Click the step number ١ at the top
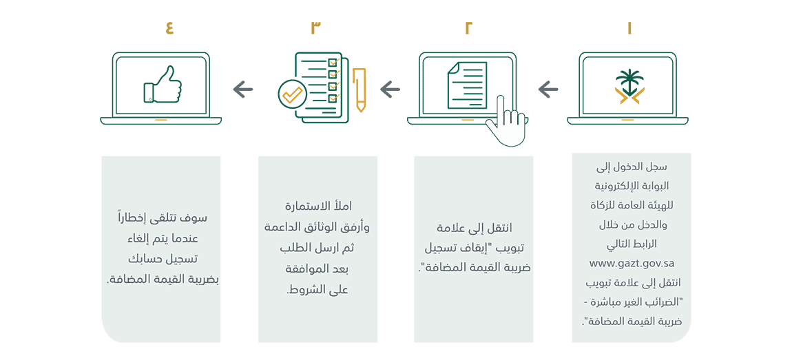pyautogui.click(x=629, y=28)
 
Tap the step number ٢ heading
pyautogui.click(x=468, y=28)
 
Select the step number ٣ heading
pyautogui.click(x=315, y=28)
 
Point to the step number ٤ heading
pyautogui.click(x=169, y=28)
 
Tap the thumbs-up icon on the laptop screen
pyautogui.click(x=162, y=84)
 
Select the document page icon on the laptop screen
pyautogui.click(x=467, y=84)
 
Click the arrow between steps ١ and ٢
pyautogui.click(x=548, y=90)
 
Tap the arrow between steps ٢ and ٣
pyautogui.click(x=390, y=90)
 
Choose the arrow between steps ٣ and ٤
pyautogui.click(x=243, y=90)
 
